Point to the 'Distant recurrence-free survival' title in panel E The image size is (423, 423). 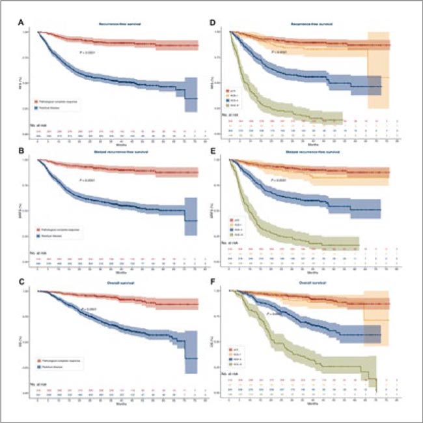[313, 154]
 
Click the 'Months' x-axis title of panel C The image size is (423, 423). [120, 403]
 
